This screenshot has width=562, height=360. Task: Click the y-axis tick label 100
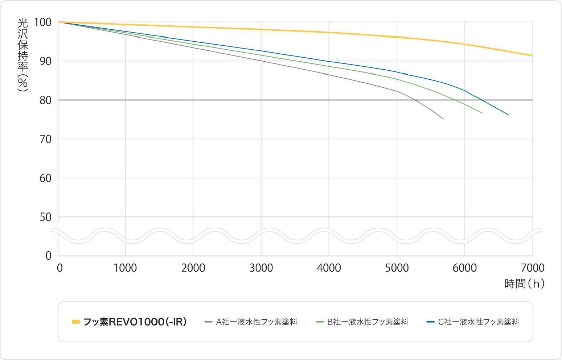coord(43,22)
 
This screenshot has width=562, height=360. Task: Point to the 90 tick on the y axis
coord(46,61)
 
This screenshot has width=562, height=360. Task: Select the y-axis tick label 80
coord(46,100)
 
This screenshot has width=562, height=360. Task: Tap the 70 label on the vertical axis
coord(46,139)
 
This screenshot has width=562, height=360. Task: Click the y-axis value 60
coord(46,178)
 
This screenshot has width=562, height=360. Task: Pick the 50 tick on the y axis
coord(46,217)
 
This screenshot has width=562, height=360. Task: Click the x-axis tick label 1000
coord(125,268)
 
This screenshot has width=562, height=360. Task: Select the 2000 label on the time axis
coord(193,268)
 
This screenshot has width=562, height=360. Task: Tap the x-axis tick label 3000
coord(261,268)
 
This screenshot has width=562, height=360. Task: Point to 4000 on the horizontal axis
coord(329,268)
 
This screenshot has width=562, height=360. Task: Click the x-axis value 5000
coord(397,268)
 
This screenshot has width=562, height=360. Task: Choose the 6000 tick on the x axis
coord(464,268)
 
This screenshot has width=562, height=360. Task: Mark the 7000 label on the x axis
coord(532,268)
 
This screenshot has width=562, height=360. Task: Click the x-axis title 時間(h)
coord(524,284)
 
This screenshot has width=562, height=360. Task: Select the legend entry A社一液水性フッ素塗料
coord(257,322)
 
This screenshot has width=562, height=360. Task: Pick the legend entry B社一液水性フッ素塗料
coord(368,322)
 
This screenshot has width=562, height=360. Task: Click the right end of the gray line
coord(443,119)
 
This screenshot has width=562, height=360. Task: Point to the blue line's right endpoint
coord(508,115)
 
